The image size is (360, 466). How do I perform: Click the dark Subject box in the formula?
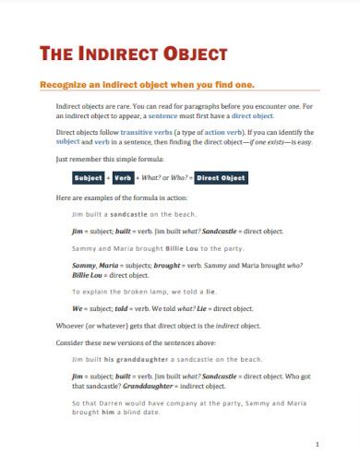[x=89, y=178]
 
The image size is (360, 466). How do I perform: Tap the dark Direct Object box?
[x=222, y=178]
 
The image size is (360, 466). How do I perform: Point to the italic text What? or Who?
[x=166, y=178]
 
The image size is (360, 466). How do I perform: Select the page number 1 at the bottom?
[x=317, y=444]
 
